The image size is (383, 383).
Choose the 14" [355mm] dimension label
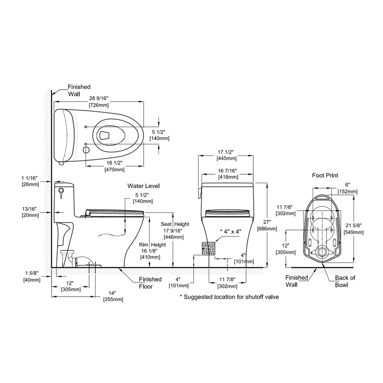click(x=113, y=296)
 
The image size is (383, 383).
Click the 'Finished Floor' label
click(x=150, y=282)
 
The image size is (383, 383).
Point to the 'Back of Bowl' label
click(x=346, y=282)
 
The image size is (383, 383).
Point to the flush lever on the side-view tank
click(x=61, y=192)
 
